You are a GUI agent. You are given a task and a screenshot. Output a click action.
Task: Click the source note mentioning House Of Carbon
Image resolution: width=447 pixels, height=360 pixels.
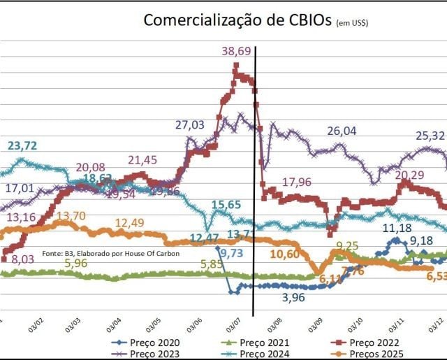(111, 253)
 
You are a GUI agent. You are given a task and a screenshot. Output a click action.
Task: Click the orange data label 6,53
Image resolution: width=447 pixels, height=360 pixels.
(436, 275)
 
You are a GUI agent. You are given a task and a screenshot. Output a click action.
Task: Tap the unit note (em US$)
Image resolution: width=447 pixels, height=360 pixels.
(352, 22)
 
